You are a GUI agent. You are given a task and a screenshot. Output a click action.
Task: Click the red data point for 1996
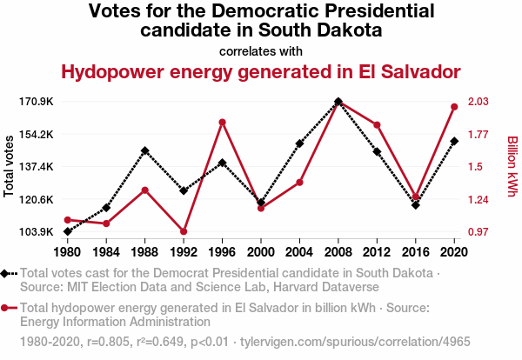[223, 123]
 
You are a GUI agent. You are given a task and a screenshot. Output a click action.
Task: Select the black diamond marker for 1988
[145, 150]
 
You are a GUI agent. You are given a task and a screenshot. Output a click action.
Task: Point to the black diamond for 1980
[68, 231]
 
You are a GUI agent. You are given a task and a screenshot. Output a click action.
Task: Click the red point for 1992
[184, 231]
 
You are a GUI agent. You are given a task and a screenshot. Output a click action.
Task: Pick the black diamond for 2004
[299, 143]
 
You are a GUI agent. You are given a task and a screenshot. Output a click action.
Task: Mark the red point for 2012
[377, 125]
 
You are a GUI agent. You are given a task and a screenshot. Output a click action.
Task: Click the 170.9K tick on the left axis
[37, 102]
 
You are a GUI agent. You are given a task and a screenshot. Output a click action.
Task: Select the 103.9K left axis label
[37, 232]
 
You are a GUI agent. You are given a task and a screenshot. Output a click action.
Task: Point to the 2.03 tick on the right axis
[479, 102]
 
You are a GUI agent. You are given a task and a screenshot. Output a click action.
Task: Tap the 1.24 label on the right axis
[479, 200]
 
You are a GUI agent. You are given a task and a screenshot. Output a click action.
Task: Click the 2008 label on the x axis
[338, 252]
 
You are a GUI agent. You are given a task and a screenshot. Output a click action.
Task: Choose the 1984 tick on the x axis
[106, 252]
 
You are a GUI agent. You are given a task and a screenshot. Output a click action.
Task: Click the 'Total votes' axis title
[10, 165]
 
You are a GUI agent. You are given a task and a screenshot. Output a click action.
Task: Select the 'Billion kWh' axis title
[512, 165]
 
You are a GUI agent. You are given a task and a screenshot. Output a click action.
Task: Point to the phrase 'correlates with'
[261, 50]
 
